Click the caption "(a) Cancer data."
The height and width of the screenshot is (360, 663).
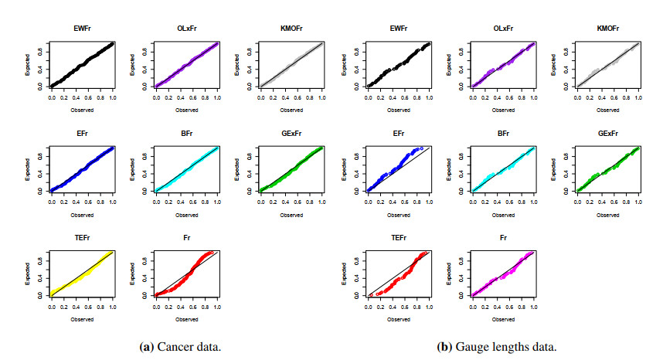(178, 345)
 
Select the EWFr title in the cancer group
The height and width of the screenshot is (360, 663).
(81, 29)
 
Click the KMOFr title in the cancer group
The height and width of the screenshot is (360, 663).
(291, 29)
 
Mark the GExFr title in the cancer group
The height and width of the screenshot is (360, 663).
(291, 134)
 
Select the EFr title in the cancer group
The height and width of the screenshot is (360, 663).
(81, 134)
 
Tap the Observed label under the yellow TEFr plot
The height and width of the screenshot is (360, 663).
(82, 318)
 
